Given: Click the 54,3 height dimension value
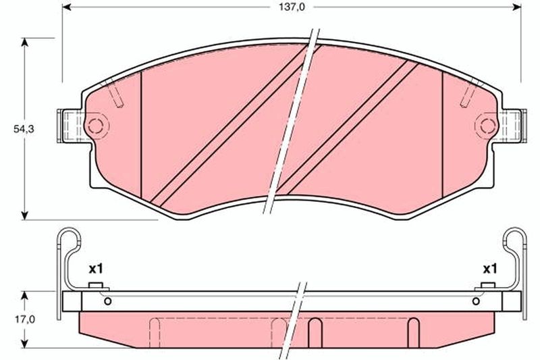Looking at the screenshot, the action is [24, 129].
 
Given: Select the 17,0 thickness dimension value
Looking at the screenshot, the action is [25, 319].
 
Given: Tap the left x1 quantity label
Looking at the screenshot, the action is [96, 268].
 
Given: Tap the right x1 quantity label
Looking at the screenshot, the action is [490, 268].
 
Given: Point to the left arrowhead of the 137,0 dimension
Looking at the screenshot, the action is [67, 7].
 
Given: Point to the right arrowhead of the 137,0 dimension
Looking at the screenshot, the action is [516, 7].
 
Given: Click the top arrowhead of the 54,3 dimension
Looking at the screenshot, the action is [24, 42].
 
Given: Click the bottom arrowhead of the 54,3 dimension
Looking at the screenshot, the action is [24, 215].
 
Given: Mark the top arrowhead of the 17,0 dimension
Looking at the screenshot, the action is [24, 296].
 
